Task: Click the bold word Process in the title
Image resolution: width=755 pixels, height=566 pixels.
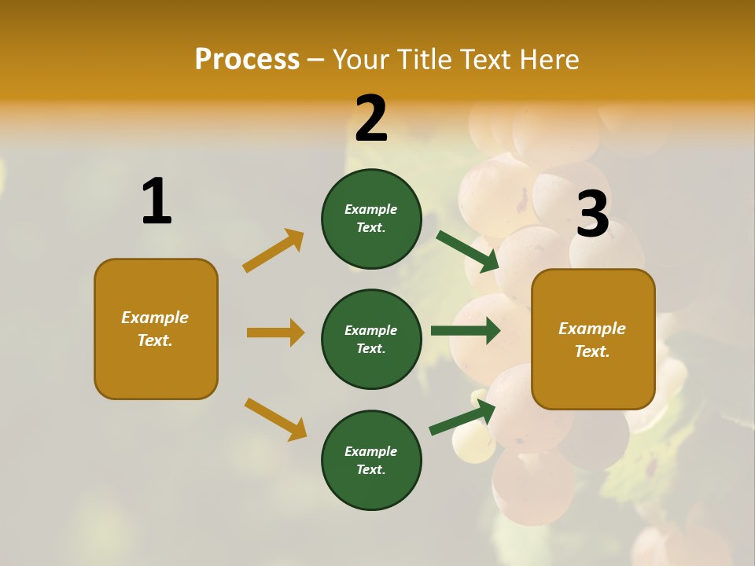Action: [247, 59]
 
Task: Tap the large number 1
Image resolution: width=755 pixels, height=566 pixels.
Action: [157, 201]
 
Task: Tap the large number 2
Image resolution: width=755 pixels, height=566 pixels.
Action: [371, 119]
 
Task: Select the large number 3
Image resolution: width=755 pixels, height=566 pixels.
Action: [592, 214]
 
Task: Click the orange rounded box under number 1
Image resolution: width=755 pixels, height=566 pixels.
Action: [156, 329]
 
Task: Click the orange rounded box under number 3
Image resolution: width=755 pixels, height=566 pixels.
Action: [593, 339]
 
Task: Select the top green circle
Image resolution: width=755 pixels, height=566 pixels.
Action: [371, 219]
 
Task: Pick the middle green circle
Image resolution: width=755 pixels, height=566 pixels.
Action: [371, 339]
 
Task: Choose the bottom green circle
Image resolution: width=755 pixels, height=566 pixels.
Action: [371, 460]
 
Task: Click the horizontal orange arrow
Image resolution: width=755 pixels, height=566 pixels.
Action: [275, 333]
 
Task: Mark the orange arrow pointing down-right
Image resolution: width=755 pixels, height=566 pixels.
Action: [275, 419]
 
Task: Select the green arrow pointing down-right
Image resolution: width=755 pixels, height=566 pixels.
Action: [468, 252]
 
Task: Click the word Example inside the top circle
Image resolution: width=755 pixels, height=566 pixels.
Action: [371, 209]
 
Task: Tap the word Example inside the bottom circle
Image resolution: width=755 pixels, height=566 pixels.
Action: [371, 451]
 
